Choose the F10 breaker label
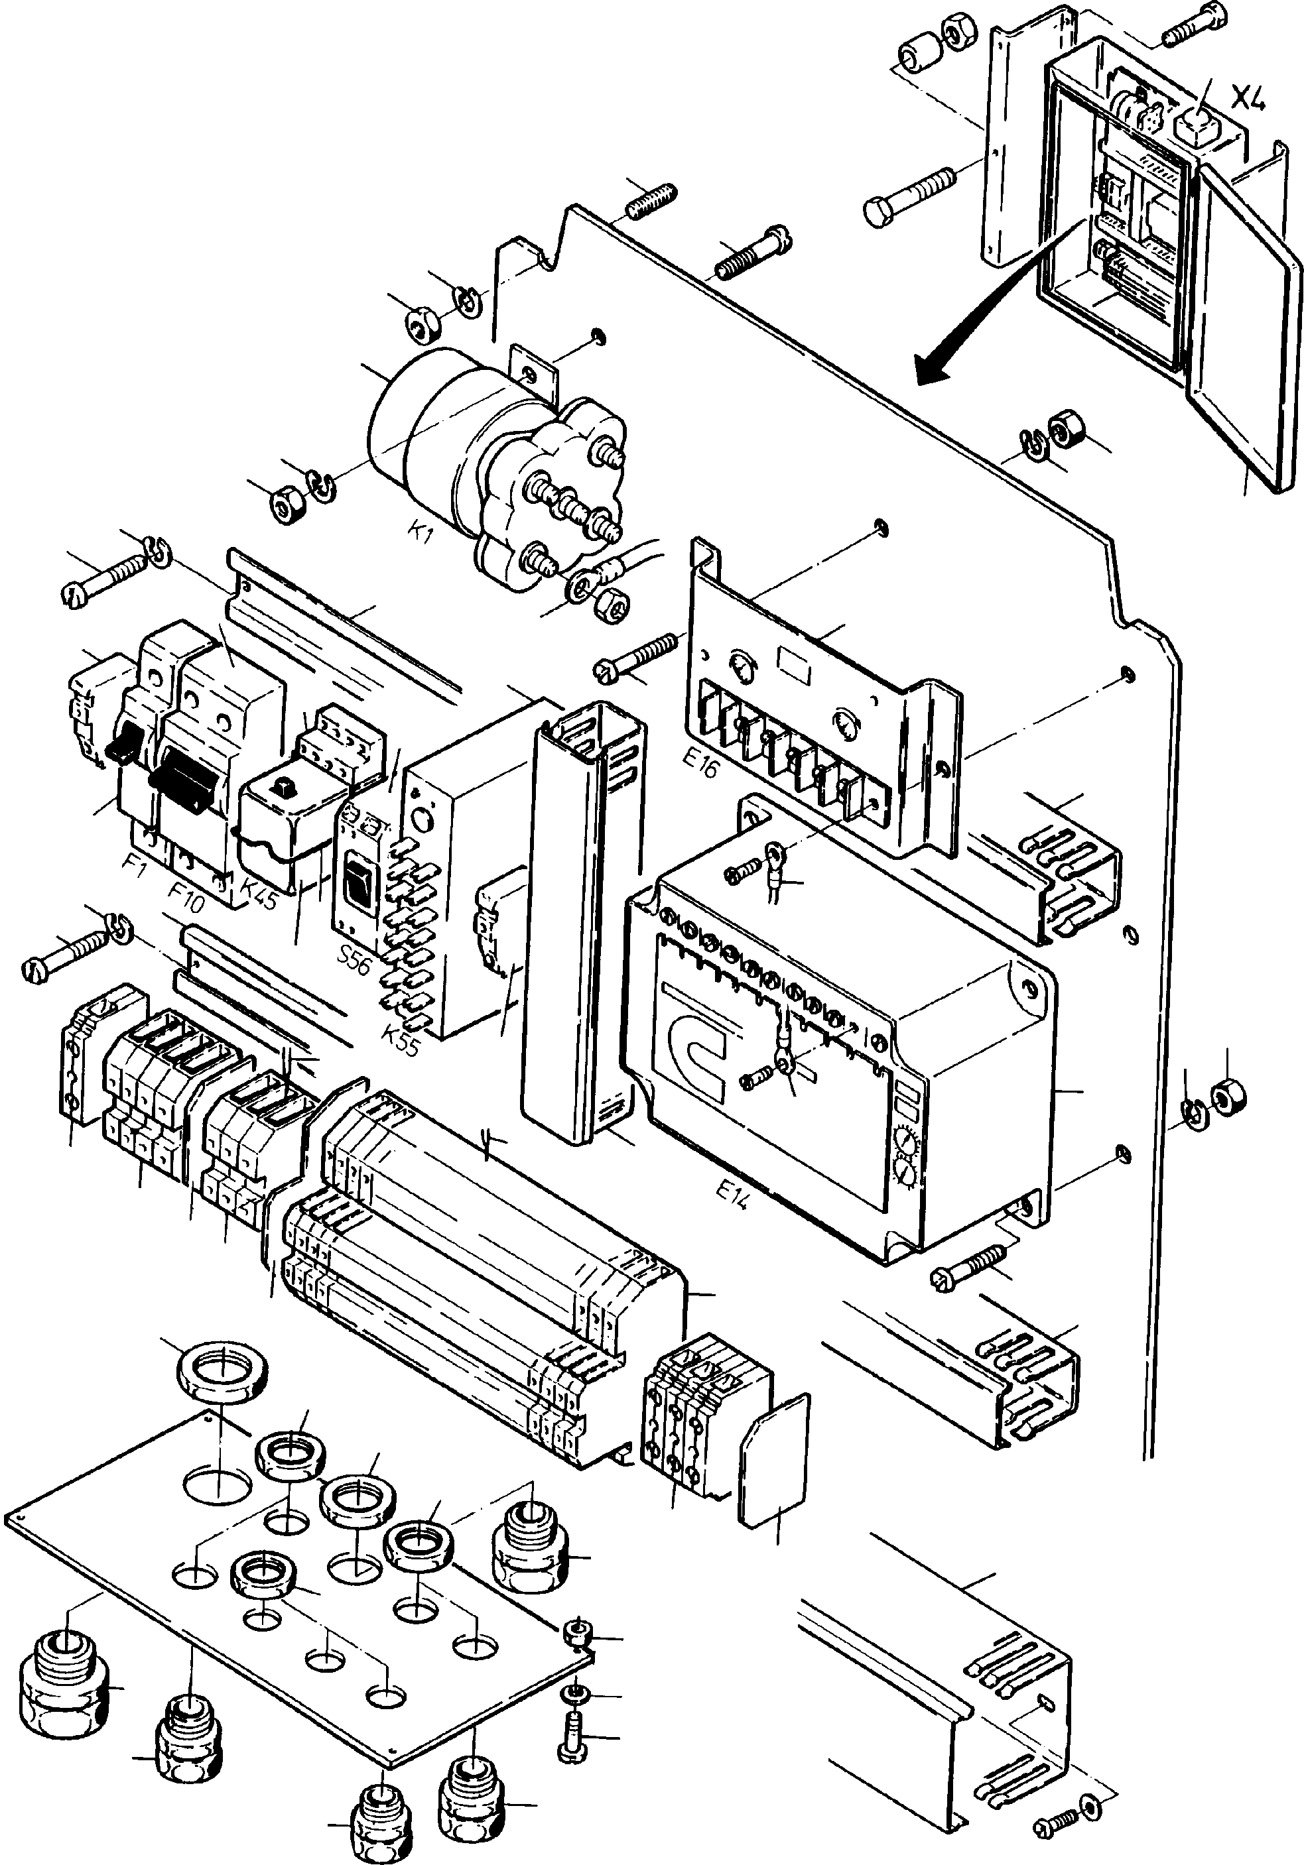(x=186, y=894)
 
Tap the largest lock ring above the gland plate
(x=214, y=1373)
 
